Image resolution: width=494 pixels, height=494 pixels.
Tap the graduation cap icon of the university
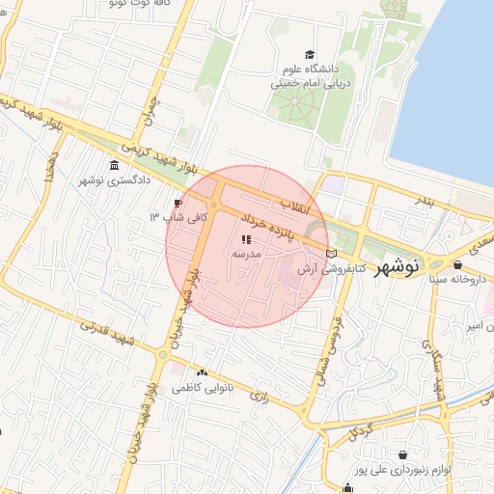[310, 54]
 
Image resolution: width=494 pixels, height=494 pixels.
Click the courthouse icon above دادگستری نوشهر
[115, 164]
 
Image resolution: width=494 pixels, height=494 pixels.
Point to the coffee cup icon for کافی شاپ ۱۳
[178, 203]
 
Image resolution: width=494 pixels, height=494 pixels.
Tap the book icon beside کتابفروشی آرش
[332, 254]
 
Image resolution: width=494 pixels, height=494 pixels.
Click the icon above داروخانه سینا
[456, 263]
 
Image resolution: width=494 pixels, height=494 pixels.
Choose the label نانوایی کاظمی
[201, 388]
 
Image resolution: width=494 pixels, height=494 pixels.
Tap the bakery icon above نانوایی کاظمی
[202, 372]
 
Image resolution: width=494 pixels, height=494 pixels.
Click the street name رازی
[258, 395]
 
